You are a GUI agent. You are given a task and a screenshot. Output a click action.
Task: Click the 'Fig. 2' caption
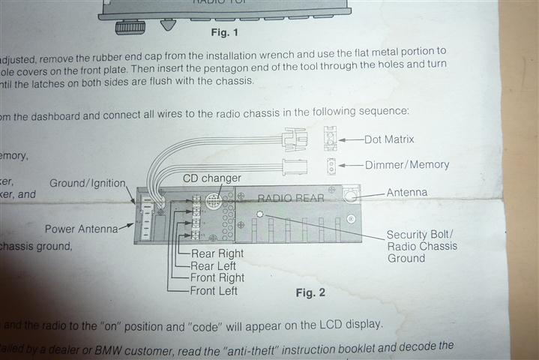310,292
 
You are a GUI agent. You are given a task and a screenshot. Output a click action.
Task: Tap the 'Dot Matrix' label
389,139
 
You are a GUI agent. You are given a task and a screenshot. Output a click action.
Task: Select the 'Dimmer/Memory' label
406,164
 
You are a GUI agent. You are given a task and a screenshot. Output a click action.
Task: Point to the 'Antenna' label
406,193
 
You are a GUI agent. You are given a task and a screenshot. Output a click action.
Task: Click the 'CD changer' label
212,178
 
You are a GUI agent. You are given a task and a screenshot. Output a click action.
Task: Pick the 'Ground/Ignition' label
88,183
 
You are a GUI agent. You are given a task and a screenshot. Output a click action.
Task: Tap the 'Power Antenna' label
79,229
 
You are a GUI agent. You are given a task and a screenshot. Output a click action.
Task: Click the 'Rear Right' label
217,253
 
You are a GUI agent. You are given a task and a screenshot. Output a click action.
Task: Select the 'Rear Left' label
214,265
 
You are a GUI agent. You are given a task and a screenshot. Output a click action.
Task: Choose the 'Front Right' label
217,277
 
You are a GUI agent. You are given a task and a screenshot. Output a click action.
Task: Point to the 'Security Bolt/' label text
420,234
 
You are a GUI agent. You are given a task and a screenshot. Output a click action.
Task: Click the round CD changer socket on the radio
212,200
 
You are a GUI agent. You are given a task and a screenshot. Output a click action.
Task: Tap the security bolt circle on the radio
259,214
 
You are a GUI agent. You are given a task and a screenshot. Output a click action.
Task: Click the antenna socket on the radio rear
349,195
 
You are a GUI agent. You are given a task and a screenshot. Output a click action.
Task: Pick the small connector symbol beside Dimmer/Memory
330,165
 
